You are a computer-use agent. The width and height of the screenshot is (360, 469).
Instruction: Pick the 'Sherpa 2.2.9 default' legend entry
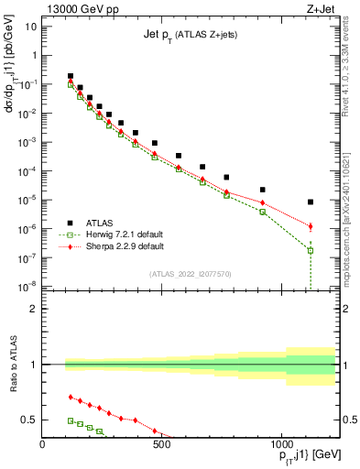(125, 245)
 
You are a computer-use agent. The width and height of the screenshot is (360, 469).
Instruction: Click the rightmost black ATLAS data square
(311, 202)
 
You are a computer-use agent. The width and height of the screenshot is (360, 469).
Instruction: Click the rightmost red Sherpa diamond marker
(311, 226)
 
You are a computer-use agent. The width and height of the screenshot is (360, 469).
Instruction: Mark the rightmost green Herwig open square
(311, 250)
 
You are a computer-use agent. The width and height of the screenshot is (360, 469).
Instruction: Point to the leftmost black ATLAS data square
(71, 76)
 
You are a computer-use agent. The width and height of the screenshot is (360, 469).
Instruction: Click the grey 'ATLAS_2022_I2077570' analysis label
(191, 273)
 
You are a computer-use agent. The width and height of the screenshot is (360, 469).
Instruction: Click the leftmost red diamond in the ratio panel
(71, 397)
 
